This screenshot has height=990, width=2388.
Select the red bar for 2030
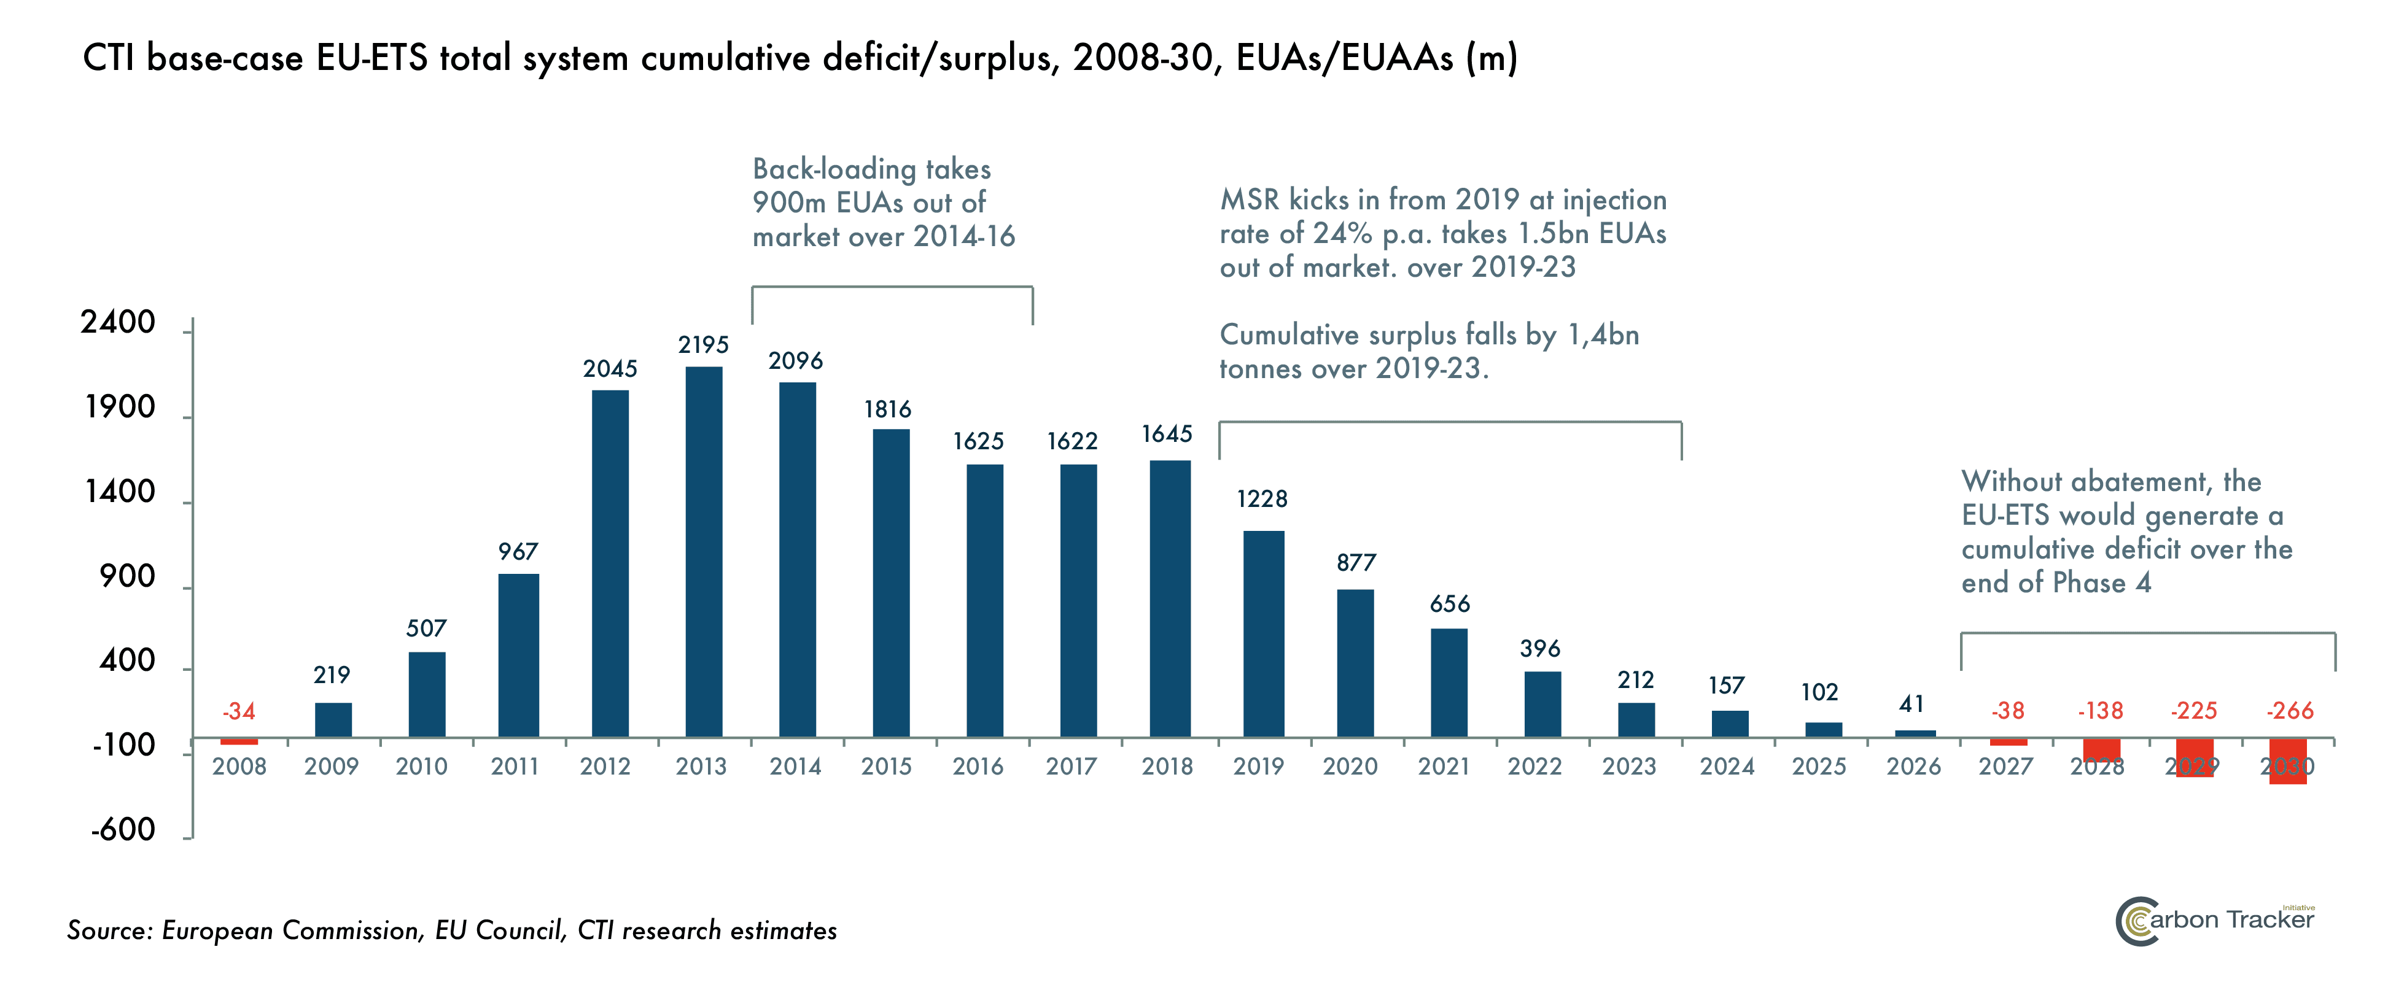coord(2288,761)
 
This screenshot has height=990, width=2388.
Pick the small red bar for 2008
coord(239,741)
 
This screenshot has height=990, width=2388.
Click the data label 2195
coord(704,345)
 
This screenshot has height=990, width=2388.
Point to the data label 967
coord(518,552)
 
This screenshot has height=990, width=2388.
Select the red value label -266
coord(2290,711)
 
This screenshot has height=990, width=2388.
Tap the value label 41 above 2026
coord(1912,705)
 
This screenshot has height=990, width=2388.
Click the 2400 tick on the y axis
coord(118,323)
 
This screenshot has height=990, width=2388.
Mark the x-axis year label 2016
coord(978,767)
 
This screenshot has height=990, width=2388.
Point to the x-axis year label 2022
coord(1534,767)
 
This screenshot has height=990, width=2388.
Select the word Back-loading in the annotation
coord(833,169)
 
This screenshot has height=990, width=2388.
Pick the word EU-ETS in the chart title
coord(371,58)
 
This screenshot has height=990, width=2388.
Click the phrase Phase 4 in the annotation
coord(2099,583)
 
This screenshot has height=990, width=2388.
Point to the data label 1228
coord(1262,500)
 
